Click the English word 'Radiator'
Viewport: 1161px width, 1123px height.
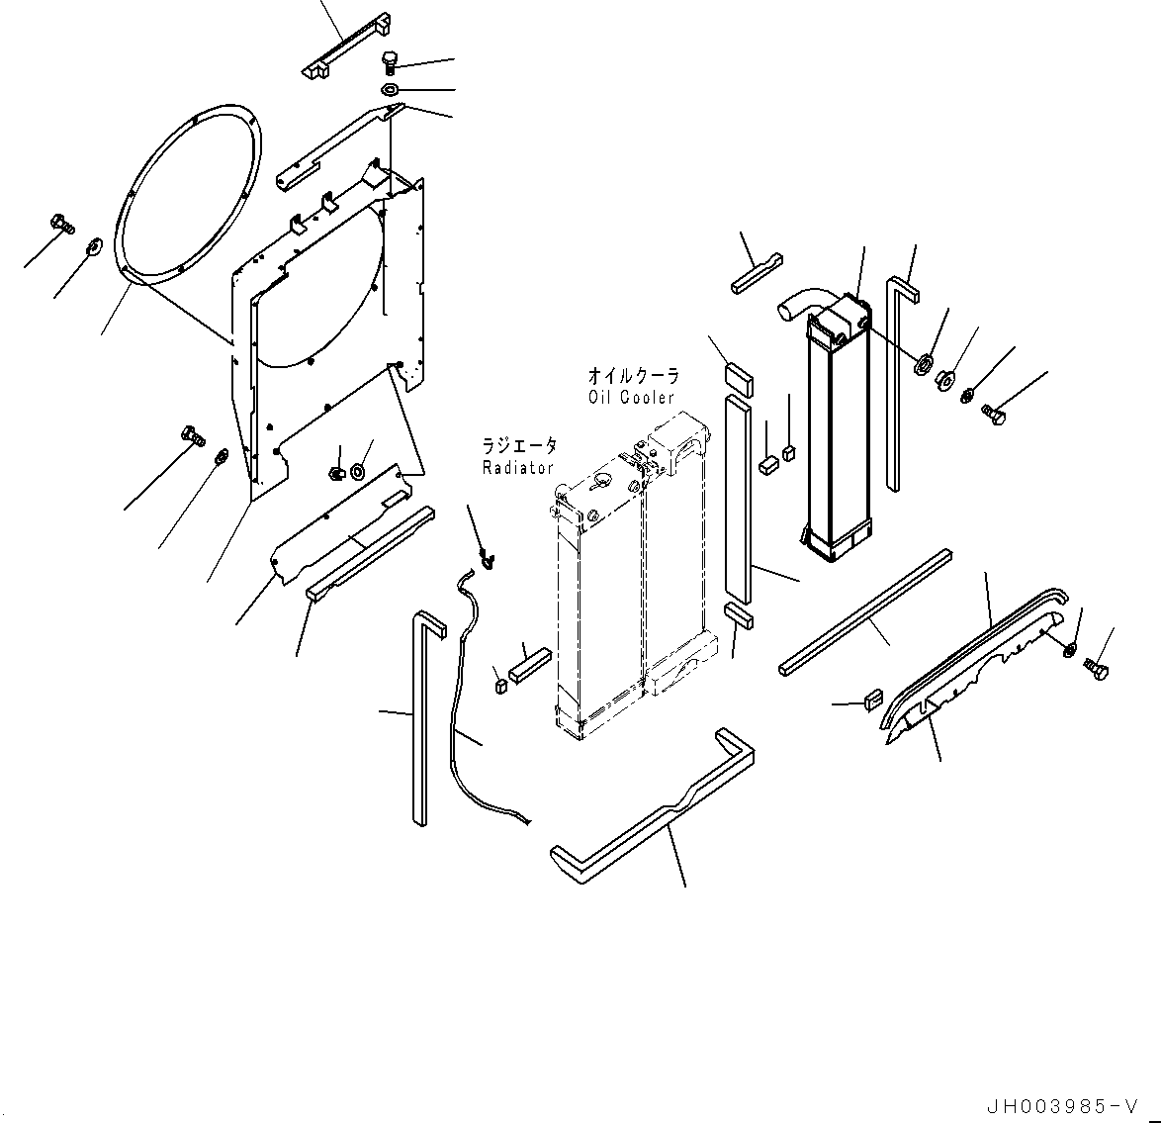(517, 466)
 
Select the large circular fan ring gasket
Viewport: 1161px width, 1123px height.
(190, 195)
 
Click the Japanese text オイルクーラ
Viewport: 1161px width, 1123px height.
(633, 376)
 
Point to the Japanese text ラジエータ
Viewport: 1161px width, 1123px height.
(519, 446)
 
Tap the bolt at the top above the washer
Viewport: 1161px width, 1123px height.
(390, 62)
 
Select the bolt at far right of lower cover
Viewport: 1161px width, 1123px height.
(1096, 669)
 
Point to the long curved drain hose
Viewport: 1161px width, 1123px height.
(455, 693)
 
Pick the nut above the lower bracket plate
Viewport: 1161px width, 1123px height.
(336, 472)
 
